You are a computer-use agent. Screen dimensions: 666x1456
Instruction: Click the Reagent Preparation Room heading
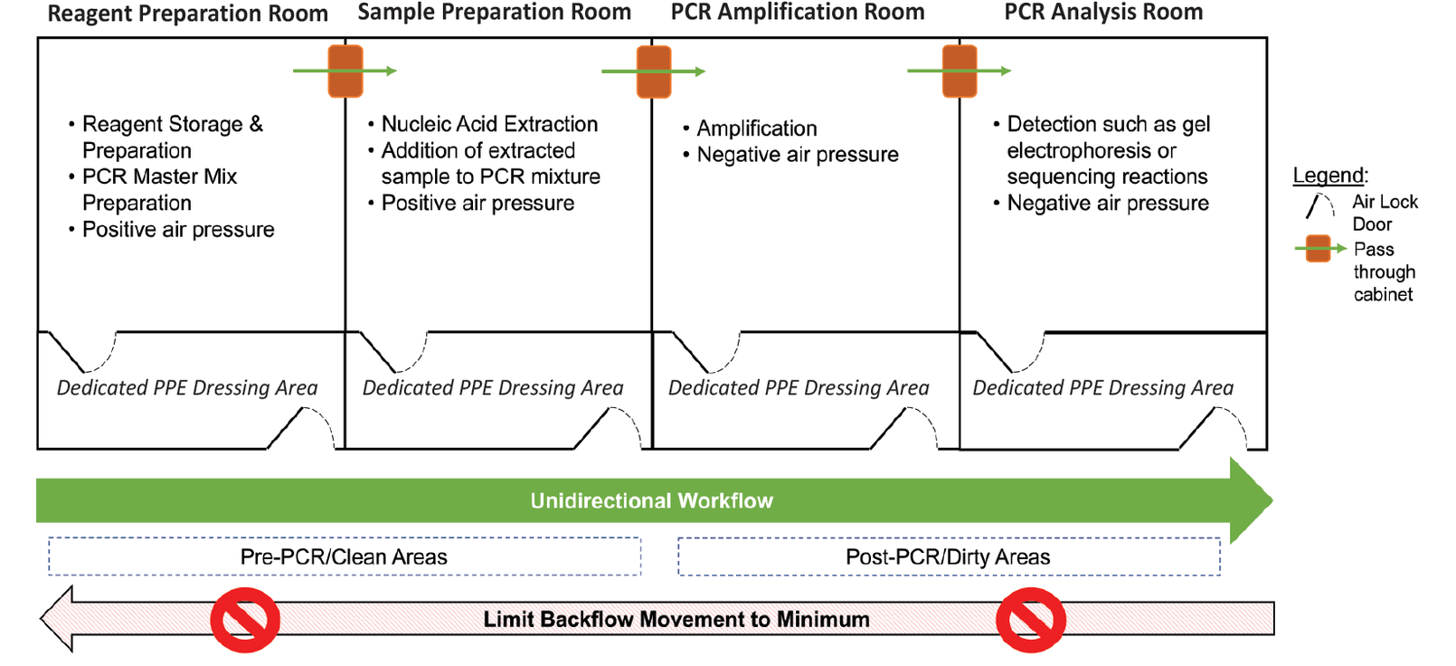coord(187,14)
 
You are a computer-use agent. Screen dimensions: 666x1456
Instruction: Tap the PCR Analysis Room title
coord(1103,12)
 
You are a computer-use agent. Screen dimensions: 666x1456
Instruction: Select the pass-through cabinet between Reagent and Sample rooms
coord(345,71)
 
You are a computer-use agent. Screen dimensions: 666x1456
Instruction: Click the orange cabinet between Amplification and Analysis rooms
coord(960,71)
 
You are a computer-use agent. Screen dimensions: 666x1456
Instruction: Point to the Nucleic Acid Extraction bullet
coord(488,124)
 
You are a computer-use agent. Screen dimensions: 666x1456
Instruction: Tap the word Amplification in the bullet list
coord(756,128)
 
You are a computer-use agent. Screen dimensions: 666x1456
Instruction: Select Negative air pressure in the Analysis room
coord(1107,204)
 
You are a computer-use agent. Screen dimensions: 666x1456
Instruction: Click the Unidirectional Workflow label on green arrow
coord(651,500)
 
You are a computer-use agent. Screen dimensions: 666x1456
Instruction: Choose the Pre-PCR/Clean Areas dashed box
coord(344,557)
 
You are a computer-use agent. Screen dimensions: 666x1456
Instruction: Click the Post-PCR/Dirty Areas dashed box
coord(948,557)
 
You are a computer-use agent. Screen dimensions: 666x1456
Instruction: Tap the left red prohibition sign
coord(245,620)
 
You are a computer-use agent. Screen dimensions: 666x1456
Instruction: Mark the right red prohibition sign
coord(1030,620)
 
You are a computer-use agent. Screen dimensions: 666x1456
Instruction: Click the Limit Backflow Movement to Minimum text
coord(676,620)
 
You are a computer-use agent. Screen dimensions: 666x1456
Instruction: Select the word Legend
coord(1328,176)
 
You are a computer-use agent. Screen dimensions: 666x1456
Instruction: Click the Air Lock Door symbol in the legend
coord(1319,206)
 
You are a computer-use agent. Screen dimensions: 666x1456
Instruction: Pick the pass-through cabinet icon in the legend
coord(1319,248)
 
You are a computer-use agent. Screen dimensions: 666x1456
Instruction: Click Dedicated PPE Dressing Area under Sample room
coord(493,388)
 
